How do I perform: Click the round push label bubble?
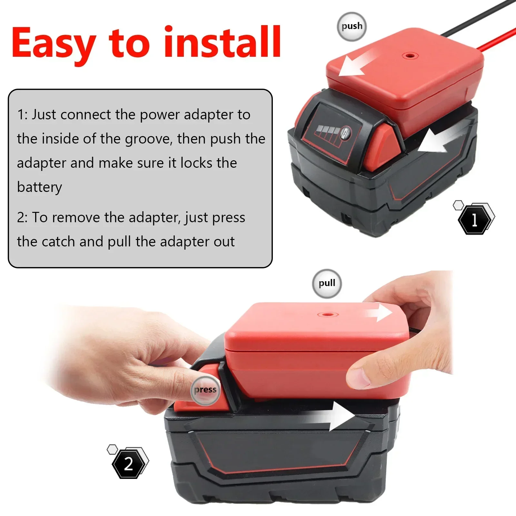352,26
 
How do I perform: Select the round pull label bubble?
327,283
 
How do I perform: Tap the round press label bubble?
205,390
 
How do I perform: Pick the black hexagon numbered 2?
128,464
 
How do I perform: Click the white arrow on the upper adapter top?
355,64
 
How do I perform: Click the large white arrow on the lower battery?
335,416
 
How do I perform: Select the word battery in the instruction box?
39,187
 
